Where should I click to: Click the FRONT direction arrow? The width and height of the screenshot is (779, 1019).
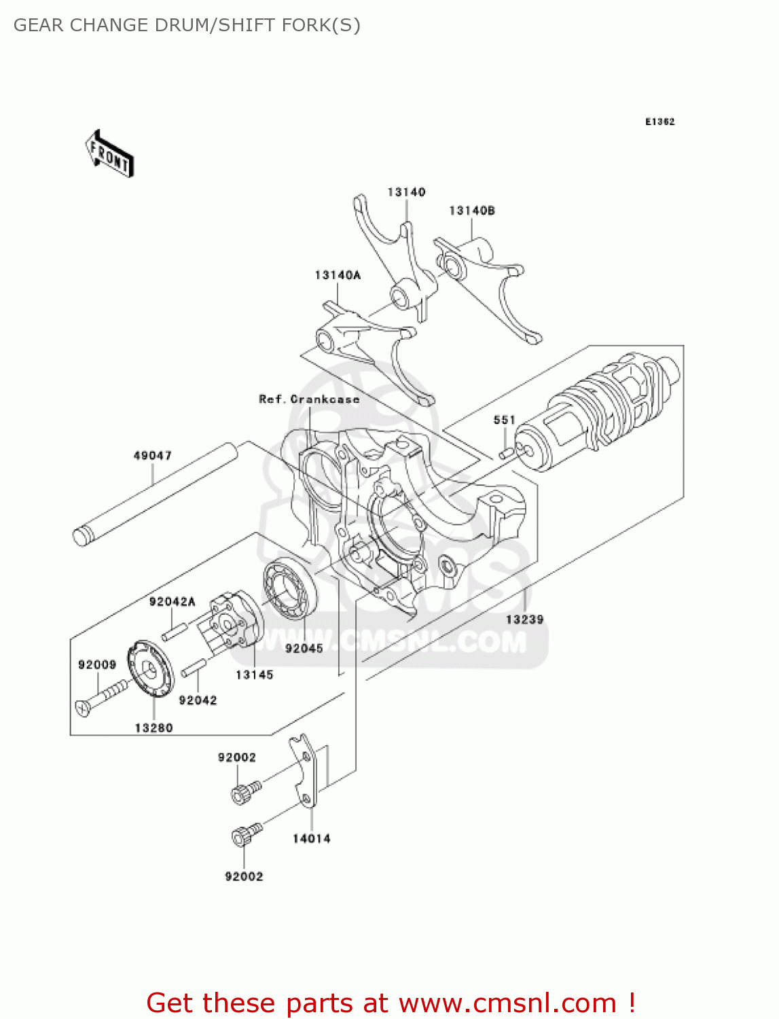click(x=109, y=154)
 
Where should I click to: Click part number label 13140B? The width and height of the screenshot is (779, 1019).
click(x=471, y=211)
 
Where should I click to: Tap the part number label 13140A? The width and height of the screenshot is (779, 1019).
click(x=338, y=275)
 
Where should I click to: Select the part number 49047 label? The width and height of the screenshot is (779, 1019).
click(x=152, y=456)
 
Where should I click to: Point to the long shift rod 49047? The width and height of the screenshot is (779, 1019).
click(x=155, y=494)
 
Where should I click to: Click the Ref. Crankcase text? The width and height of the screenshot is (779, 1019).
click(x=309, y=399)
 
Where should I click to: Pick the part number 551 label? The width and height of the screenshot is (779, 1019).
click(x=504, y=420)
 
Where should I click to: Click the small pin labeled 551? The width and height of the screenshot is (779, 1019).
click(x=505, y=452)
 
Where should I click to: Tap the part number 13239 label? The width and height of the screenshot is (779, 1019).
click(x=524, y=620)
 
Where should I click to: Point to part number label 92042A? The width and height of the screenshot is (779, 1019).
click(x=172, y=602)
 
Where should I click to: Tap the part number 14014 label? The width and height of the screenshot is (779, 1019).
click(x=311, y=839)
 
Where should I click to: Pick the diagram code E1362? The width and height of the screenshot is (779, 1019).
click(x=659, y=122)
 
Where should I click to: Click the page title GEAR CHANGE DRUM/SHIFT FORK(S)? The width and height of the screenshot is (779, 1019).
click(x=187, y=25)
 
